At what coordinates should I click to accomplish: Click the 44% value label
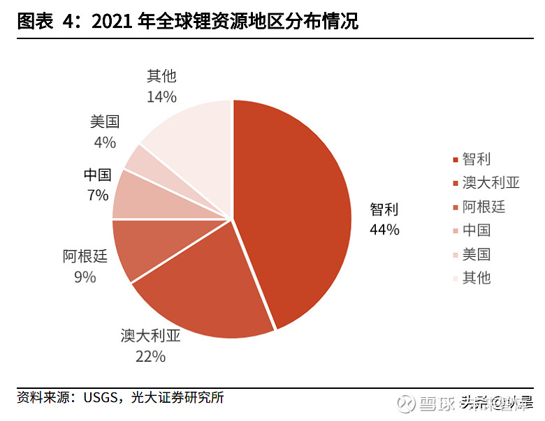384,229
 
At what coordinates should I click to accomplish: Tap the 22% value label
151,357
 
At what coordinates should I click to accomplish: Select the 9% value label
85,277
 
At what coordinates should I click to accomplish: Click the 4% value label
104,142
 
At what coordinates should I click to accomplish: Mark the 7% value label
98,195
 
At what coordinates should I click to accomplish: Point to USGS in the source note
100,398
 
